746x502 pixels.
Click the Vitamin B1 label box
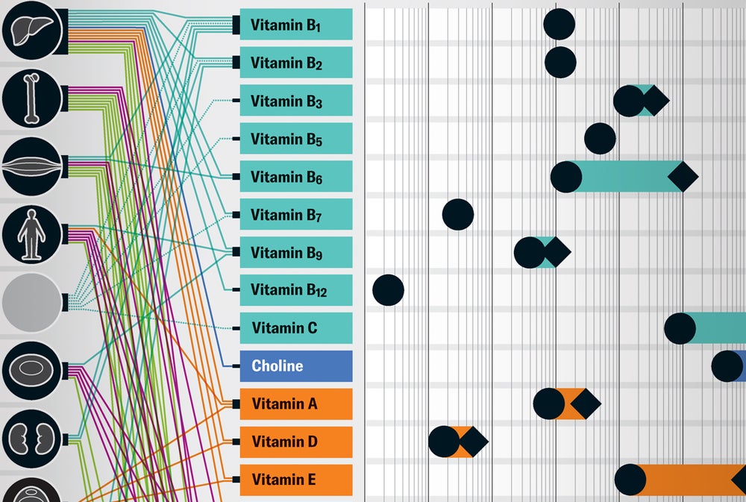(x=295, y=25)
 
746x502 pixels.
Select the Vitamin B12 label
(x=295, y=289)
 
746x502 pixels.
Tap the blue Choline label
(x=295, y=365)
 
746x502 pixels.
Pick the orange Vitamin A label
(x=295, y=404)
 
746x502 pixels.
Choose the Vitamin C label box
(x=295, y=327)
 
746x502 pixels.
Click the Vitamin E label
(x=295, y=480)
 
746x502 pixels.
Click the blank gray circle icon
(x=31, y=302)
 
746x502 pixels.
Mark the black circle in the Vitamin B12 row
(x=388, y=289)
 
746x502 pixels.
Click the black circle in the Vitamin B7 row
(x=458, y=215)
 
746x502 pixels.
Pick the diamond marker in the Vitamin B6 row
(x=683, y=177)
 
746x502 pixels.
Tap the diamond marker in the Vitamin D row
(x=473, y=442)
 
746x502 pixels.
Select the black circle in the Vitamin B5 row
(x=600, y=139)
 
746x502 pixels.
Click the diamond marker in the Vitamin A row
(x=586, y=404)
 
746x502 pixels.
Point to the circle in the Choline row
(x=727, y=365)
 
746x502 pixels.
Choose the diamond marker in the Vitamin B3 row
(x=654, y=101)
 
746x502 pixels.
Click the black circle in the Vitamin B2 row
(x=560, y=62)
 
